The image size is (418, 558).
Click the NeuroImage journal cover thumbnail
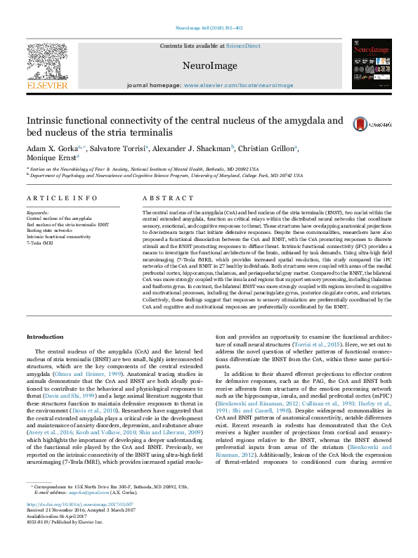pyautogui.click(x=371, y=63)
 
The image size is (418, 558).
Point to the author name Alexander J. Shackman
pyautogui.click(x=192, y=148)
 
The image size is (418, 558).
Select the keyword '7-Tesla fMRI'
pyautogui.click(x=40, y=242)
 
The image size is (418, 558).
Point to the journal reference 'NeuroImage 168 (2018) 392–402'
pyautogui.click(x=209, y=29)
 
